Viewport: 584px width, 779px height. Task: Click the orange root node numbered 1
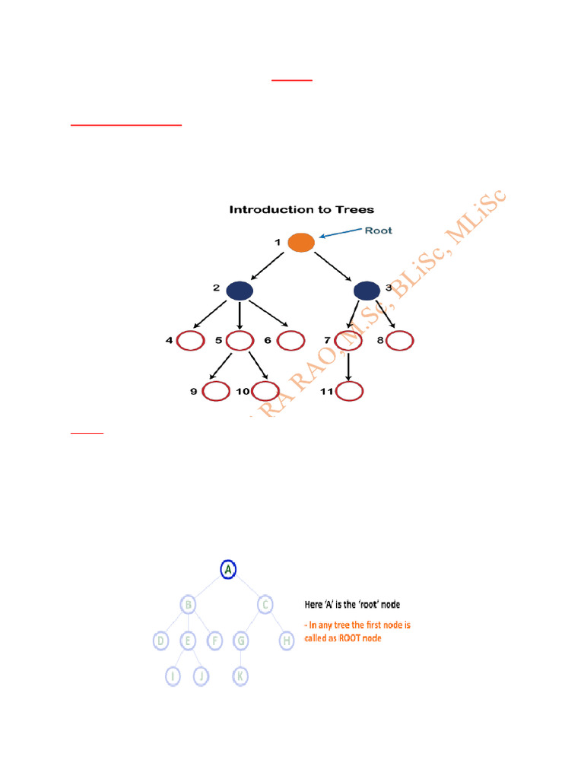tap(301, 243)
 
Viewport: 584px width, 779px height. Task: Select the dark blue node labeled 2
tap(239, 290)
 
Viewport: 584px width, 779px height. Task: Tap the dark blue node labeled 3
tap(367, 290)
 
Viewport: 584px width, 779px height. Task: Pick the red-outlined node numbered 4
tap(190, 341)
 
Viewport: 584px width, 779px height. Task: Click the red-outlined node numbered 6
tap(290, 341)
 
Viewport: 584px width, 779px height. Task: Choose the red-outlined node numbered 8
tap(400, 341)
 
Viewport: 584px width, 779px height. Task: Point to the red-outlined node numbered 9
tap(216, 391)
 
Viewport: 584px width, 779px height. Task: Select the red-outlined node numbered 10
tap(265, 391)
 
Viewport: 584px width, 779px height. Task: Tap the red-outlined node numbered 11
tap(350, 391)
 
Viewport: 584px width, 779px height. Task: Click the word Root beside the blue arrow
tap(378, 231)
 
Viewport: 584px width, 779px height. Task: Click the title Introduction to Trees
tap(302, 209)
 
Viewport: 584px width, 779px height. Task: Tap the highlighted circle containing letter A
tap(228, 569)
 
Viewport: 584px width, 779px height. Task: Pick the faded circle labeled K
tap(240, 675)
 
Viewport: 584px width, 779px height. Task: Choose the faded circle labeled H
tap(287, 641)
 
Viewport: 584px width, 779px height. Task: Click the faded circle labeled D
tap(160, 641)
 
